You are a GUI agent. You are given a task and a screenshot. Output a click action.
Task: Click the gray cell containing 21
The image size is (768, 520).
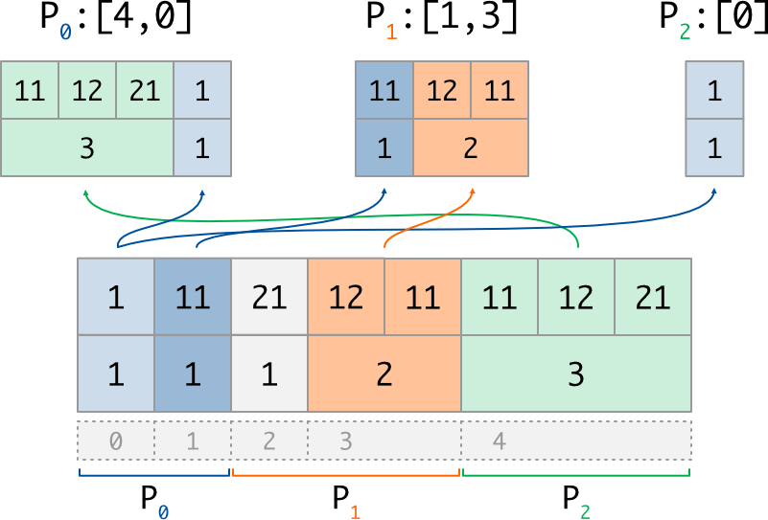(269, 297)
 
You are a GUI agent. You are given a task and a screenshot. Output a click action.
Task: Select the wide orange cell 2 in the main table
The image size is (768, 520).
(384, 373)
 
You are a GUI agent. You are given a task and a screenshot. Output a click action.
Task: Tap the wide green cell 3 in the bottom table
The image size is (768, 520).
(576, 373)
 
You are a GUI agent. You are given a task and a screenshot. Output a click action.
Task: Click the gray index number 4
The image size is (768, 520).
(499, 441)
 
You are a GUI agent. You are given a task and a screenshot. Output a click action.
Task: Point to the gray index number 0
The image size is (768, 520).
(115, 441)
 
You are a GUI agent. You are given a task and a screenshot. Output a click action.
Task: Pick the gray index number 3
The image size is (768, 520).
(346, 441)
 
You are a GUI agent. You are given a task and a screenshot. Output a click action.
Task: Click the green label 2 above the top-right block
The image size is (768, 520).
(685, 32)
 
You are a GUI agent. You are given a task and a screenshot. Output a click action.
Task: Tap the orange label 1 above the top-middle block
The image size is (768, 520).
(391, 32)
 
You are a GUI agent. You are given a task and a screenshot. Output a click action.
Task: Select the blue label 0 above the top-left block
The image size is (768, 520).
(65, 32)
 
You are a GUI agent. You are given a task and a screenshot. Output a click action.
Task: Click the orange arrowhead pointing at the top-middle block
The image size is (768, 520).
(472, 192)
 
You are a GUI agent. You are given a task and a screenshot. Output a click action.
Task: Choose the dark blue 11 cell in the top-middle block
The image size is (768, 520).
(384, 91)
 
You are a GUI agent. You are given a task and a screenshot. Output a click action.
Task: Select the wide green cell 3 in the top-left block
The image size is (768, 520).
(87, 148)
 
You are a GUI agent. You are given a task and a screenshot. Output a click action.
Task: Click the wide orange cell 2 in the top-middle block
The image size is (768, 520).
(471, 148)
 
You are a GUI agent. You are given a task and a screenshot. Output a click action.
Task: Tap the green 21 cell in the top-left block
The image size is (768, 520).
(145, 91)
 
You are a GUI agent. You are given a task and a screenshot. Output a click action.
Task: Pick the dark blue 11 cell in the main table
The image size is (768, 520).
(193, 297)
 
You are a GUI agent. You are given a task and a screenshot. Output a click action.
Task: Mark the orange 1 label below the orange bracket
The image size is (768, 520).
(355, 511)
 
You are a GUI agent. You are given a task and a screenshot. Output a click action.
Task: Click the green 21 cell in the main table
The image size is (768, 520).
(653, 297)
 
